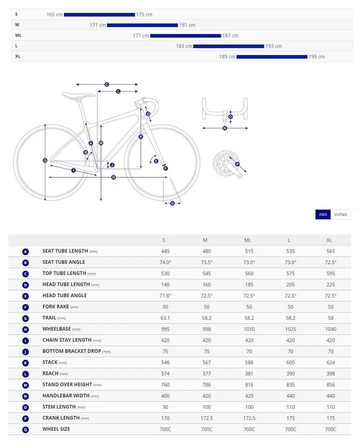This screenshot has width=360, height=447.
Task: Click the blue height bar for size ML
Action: point(186,35)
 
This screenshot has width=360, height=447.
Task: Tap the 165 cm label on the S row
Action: point(54,14)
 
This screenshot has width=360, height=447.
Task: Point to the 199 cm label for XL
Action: point(316,56)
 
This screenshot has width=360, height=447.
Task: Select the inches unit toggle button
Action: point(340,214)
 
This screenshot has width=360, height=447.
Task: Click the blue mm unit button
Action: point(323,214)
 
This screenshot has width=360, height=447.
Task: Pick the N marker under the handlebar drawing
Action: point(225,128)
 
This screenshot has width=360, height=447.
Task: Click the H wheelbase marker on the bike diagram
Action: point(113,177)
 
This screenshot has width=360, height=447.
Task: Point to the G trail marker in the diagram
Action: point(173,203)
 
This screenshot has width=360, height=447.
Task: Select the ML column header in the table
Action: point(247,240)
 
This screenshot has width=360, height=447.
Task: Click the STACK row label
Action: point(50,362)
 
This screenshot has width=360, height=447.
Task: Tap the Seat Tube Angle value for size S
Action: point(165,263)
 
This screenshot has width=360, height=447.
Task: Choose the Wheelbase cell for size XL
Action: point(329,329)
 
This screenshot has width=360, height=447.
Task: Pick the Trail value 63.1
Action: point(165,318)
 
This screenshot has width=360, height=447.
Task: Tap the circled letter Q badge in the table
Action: point(26,429)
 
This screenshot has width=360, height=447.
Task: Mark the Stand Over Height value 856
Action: point(329,385)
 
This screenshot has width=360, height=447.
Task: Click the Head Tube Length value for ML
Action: point(247,284)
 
